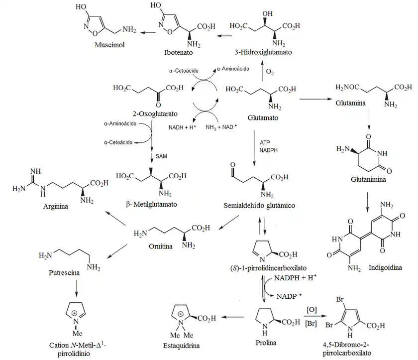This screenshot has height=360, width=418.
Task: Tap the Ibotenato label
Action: click(x=177, y=52)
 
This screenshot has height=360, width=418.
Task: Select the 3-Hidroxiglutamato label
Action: click(x=263, y=52)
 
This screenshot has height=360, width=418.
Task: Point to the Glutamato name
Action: click(x=263, y=118)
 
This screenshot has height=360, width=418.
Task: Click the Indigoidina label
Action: click(x=384, y=267)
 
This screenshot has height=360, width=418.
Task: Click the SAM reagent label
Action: click(x=161, y=156)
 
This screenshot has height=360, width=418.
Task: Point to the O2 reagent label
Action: click(x=270, y=73)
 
